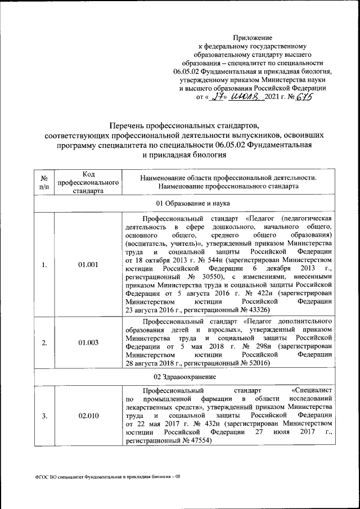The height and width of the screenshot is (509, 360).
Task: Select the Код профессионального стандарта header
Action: pos(90,182)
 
